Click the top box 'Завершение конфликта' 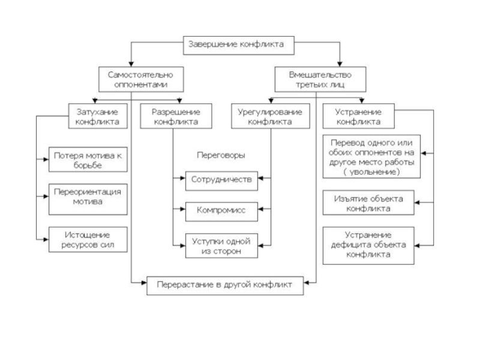[x=238, y=46]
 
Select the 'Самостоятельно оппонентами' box [x=141, y=79]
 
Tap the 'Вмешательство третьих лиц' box [x=320, y=79]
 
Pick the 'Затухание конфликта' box [x=98, y=116]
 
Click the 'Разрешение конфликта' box [x=176, y=116]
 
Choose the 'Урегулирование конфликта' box [x=271, y=116]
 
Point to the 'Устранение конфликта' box [x=358, y=116]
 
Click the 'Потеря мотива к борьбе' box [x=88, y=160]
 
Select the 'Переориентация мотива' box [x=88, y=199]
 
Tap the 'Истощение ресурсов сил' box [x=88, y=239]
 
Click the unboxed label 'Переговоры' [x=221, y=155]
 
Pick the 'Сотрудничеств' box [x=221, y=181]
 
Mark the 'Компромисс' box [x=221, y=212]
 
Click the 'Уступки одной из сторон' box [x=221, y=245]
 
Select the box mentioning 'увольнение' [x=371, y=157]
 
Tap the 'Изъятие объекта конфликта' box [x=368, y=203]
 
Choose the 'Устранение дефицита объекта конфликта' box [x=368, y=245]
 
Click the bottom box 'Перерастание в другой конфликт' [x=225, y=286]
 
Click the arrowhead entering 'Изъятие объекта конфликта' [x=417, y=202]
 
